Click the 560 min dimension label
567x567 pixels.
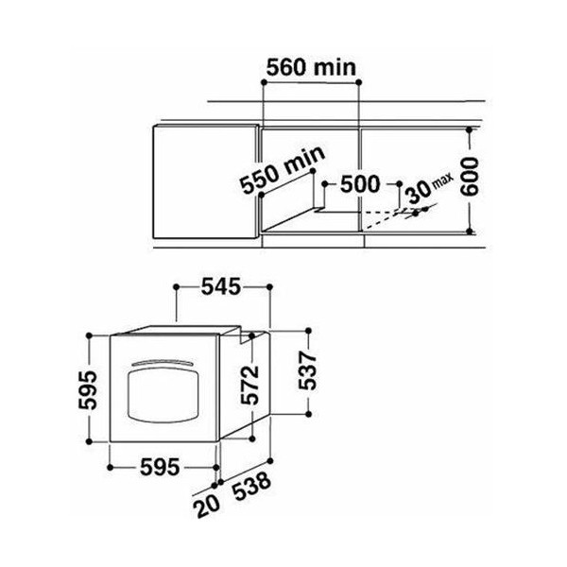pyautogui.click(x=311, y=68)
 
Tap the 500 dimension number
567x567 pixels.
pyautogui.click(x=361, y=184)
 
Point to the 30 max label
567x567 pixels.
pyautogui.click(x=429, y=188)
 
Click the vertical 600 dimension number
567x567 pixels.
pyautogui.click(x=471, y=177)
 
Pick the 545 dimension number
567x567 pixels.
pyautogui.click(x=221, y=286)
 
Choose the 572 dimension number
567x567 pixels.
pyautogui.click(x=250, y=385)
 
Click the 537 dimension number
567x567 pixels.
pyautogui.click(x=307, y=370)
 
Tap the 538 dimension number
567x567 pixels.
pyautogui.click(x=252, y=486)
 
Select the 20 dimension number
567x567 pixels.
pyautogui.click(x=206, y=506)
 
